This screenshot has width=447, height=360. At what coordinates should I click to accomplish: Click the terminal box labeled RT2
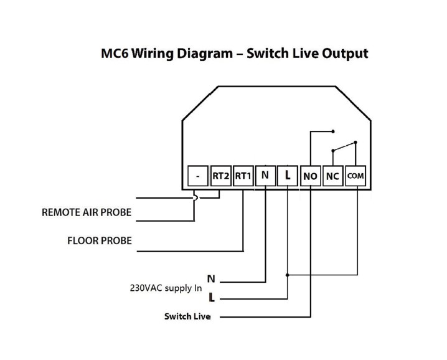221,176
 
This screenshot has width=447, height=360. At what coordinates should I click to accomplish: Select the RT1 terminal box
243,176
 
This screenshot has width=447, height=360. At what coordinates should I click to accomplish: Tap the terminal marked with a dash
198,176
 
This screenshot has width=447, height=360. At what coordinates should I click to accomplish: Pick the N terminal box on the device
265,176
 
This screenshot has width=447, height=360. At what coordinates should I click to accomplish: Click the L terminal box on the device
288,176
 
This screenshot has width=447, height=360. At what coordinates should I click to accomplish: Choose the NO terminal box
310,176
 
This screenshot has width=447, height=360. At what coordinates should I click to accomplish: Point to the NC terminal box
332,176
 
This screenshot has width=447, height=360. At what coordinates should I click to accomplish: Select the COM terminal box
355,176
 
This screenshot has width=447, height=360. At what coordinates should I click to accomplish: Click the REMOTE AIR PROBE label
87,212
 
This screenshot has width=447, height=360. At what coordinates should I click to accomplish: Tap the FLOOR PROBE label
99,240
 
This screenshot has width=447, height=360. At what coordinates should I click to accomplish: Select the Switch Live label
187,316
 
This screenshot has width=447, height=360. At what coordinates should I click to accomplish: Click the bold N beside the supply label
211,279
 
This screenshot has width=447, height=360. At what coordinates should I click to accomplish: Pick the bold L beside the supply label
211,298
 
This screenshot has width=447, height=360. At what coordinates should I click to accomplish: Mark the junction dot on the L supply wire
288,274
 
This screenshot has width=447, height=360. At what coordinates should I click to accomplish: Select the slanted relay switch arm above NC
344,147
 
